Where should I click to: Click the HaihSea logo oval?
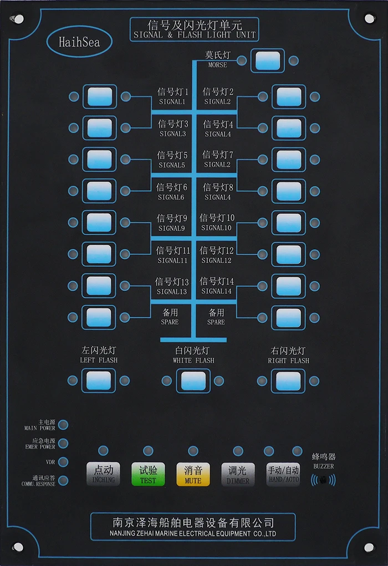[x=79, y=42]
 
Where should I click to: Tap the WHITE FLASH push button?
[x=193, y=380]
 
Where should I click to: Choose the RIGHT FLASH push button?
[x=288, y=380]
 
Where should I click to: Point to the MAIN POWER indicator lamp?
[x=64, y=425]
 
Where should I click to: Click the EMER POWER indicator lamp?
[x=64, y=444]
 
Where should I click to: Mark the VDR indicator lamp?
[x=64, y=462]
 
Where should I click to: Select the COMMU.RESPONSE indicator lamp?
[x=64, y=480]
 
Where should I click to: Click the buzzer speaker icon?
[x=324, y=478]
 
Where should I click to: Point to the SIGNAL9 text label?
[x=171, y=228]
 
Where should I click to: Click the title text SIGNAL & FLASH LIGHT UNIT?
[x=195, y=35]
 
